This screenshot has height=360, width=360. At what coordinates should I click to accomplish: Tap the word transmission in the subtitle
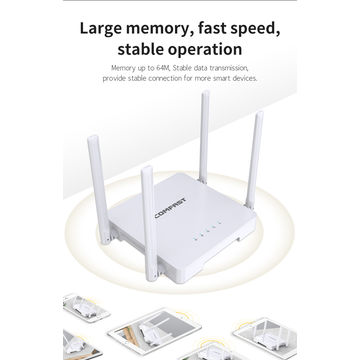(238, 68)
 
